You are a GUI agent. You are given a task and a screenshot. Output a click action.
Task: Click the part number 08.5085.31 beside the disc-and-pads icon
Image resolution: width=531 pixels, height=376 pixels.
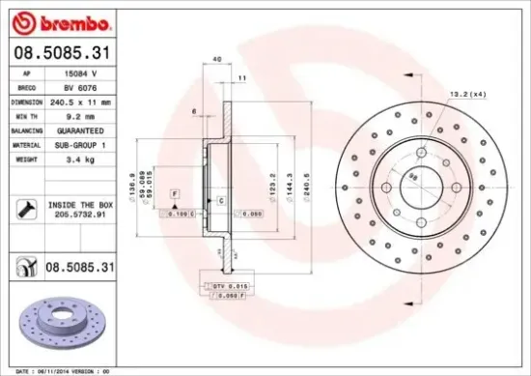coord(82,265)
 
